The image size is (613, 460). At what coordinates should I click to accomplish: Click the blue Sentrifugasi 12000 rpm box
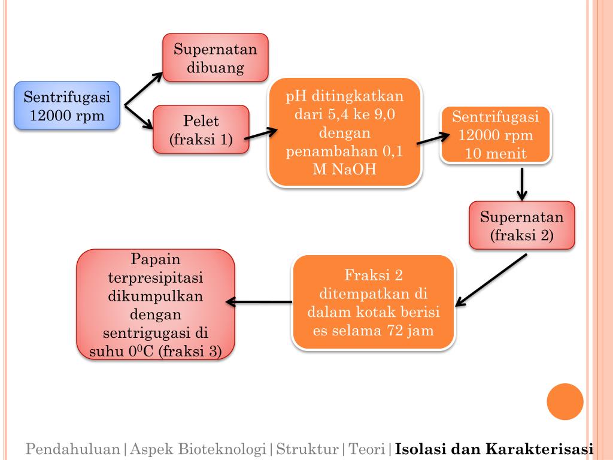(x=67, y=105)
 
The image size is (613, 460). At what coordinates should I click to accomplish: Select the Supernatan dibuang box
(x=216, y=57)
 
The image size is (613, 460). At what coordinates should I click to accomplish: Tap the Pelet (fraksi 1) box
(x=201, y=129)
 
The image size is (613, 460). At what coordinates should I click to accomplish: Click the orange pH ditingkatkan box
(x=344, y=132)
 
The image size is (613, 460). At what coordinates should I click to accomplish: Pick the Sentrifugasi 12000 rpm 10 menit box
(x=496, y=135)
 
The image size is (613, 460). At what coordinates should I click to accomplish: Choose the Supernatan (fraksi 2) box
(x=522, y=225)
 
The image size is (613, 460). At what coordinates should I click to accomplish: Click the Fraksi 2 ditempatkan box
(x=373, y=302)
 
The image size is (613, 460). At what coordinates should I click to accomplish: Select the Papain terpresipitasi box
(x=156, y=304)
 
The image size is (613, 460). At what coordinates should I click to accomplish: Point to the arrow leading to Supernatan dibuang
(x=144, y=90)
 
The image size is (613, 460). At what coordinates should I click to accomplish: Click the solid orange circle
(x=565, y=401)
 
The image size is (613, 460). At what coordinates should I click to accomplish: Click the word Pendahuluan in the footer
(x=72, y=448)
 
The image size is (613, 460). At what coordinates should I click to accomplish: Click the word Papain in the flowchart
(x=156, y=261)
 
